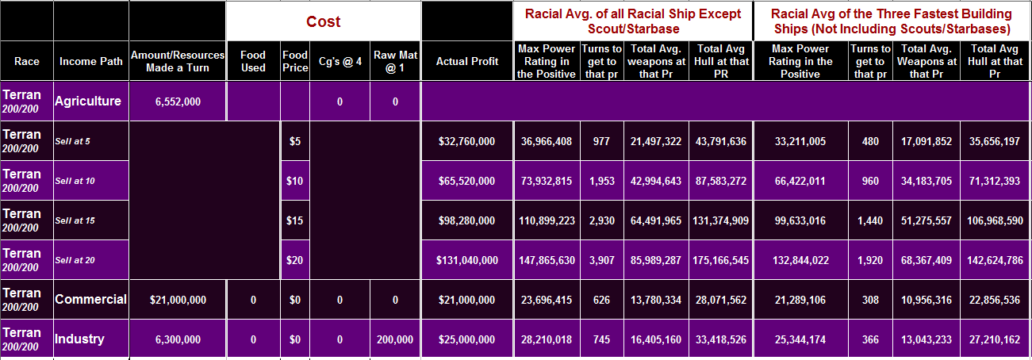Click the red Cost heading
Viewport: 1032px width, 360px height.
click(323, 21)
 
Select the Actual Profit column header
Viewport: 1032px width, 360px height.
click(467, 61)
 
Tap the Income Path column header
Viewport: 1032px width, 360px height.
click(90, 61)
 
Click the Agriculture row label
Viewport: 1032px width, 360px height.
click(88, 101)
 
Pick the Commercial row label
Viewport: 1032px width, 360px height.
click(90, 300)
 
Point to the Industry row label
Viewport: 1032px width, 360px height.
click(79, 339)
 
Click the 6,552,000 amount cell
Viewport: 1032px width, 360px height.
click(177, 101)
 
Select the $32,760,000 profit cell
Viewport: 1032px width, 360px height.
click(467, 141)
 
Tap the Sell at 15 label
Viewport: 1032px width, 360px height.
click(75, 220)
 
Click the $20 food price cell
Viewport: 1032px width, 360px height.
click(295, 260)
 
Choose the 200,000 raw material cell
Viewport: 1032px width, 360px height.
click(394, 339)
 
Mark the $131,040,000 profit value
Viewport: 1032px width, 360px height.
click(466, 260)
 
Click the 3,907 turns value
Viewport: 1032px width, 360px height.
click(601, 260)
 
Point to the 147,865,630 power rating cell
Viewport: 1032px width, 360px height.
click(547, 260)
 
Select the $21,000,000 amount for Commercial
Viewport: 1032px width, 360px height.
click(178, 300)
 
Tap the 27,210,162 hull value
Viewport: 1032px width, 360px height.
click(996, 339)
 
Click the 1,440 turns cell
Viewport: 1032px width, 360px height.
click(870, 220)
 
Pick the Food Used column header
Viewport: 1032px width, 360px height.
click(253, 61)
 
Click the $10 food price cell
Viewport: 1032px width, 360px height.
click(295, 181)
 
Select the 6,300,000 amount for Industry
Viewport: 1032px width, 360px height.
click(177, 339)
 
